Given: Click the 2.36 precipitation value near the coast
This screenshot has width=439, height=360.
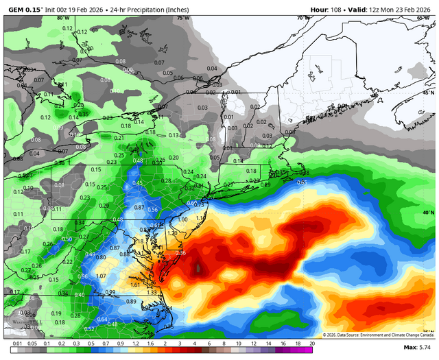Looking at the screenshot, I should (x=181, y=253).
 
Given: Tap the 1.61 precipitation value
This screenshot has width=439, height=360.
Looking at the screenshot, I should (x=135, y=285).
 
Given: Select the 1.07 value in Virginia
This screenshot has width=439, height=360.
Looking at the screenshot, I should (x=101, y=276).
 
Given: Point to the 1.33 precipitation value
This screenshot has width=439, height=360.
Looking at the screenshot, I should (x=152, y=292).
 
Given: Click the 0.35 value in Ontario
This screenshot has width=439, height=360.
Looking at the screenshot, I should (x=83, y=112).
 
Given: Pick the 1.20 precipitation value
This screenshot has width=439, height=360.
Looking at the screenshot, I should (x=171, y=233).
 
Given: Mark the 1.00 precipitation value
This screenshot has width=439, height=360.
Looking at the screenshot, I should (x=182, y=219).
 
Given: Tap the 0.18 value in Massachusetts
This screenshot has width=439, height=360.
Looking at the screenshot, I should (x=251, y=171).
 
